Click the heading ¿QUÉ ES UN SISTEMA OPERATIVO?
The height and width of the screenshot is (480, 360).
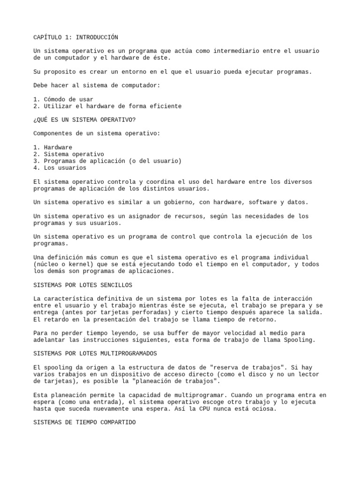tap(84, 120)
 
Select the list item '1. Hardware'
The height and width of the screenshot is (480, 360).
tap(52, 147)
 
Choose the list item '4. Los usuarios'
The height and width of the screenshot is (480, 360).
tap(60, 168)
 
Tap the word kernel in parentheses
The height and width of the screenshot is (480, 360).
tap(81, 264)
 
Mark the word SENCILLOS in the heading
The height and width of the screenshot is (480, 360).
tap(117, 285)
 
